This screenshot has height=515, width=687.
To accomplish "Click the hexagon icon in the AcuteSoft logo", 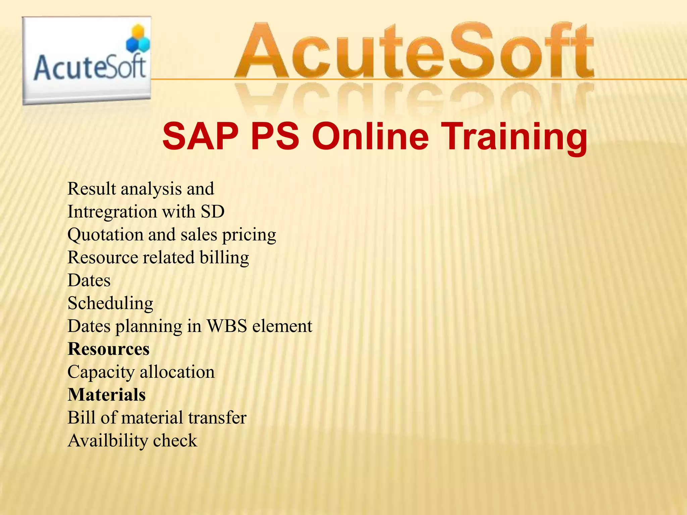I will (x=138, y=40).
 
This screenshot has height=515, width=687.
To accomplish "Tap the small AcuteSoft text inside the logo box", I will (x=90, y=68).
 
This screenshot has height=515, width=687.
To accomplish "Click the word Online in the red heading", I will (x=370, y=137).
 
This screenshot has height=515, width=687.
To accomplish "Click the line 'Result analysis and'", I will (x=141, y=189).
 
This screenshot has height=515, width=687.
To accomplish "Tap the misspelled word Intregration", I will (x=112, y=212).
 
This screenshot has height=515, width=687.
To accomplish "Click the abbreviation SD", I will (x=213, y=212).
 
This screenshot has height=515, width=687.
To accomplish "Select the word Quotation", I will (x=105, y=235).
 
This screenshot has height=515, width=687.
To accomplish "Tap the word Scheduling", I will (x=110, y=304).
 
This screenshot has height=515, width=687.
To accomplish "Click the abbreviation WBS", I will (x=226, y=326).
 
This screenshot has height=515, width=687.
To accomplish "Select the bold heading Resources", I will (x=108, y=349).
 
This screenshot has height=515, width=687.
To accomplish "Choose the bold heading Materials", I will (x=107, y=395).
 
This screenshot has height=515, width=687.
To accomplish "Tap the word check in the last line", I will (x=175, y=441).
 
